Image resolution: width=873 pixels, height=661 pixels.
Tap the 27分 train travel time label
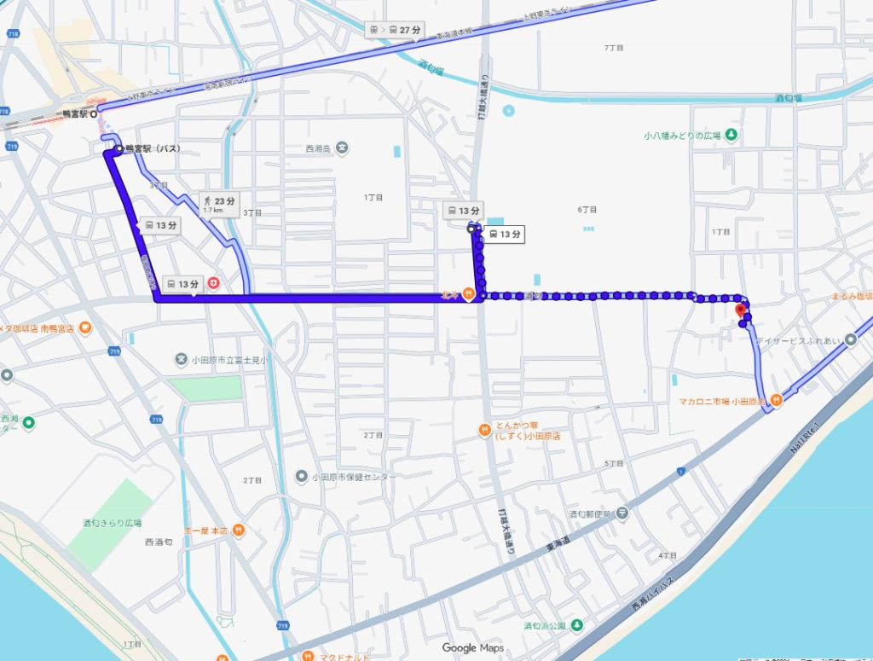click(396, 30)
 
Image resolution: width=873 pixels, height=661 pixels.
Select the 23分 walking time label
click(217, 203)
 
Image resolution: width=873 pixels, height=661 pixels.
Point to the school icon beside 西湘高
click(342, 148)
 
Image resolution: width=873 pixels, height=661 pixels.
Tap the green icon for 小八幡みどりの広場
click(731, 136)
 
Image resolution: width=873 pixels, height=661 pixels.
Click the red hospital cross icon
click(212, 282)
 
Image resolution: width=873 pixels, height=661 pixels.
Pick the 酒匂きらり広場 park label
click(112, 523)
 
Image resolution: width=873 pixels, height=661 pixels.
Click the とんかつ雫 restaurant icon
click(483, 429)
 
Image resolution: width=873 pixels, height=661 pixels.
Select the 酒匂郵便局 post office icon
click(622, 513)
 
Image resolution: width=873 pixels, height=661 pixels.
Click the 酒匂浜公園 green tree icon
click(577, 626)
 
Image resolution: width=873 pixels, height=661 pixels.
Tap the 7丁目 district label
click(613, 48)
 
